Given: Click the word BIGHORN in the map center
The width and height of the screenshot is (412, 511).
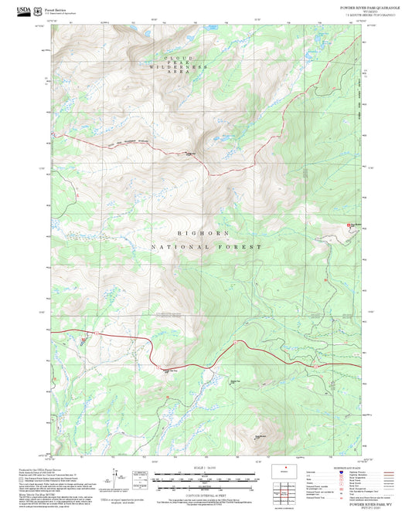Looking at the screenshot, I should [x=205, y=232].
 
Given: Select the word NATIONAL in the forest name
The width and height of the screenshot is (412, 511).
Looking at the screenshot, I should [x=182, y=247].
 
